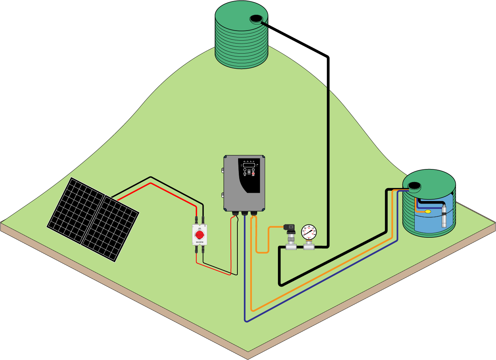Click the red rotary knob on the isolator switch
point(200,234)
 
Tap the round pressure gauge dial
point(309,232)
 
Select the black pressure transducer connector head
point(289,228)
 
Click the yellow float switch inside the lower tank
point(428,211)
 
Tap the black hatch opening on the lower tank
point(414,186)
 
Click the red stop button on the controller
point(253,174)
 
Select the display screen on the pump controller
point(249,165)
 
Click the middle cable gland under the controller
point(245,214)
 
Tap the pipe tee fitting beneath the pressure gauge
point(309,247)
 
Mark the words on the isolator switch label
point(200,243)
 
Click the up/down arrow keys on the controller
point(249,171)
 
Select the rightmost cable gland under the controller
point(254,214)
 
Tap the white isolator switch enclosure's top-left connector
point(196,219)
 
